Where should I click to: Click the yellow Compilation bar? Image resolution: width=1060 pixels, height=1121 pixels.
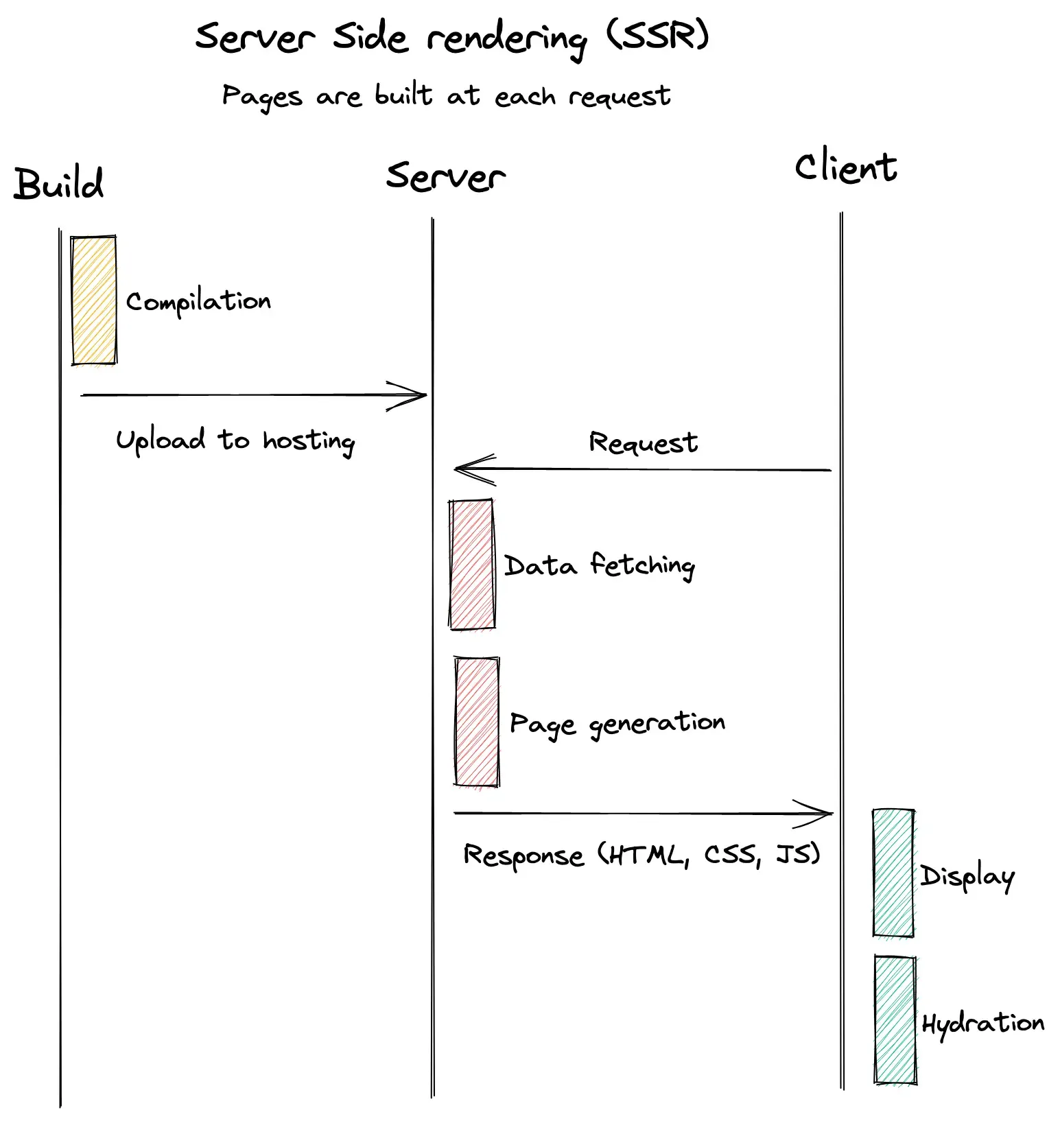tap(94, 300)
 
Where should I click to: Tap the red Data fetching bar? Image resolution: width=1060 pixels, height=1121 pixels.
tap(472, 564)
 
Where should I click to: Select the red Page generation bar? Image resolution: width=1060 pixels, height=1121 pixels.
tap(477, 721)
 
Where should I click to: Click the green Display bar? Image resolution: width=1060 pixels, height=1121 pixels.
tap(893, 873)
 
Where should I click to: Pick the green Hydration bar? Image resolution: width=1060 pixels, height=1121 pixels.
tap(895, 1020)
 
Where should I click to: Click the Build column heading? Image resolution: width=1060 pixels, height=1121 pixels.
tap(59, 184)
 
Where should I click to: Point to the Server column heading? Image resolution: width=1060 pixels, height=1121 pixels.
tap(445, 177)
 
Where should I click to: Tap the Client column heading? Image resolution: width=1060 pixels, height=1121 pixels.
tap(845, 168)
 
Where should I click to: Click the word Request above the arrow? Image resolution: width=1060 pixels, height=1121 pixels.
tap(643, 442)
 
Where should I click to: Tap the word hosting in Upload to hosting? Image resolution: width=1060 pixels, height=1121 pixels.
tap(309, 441)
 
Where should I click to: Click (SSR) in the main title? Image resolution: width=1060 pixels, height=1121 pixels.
tap(657, 36)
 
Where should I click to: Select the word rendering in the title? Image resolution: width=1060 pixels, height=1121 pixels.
tap(506, 39)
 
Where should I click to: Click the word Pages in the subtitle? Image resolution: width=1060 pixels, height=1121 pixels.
tap(261, 97)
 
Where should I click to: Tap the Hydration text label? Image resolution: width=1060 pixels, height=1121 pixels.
tap(982, 1024)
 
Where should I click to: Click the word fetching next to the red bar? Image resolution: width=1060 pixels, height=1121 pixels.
tap(642, 565)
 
